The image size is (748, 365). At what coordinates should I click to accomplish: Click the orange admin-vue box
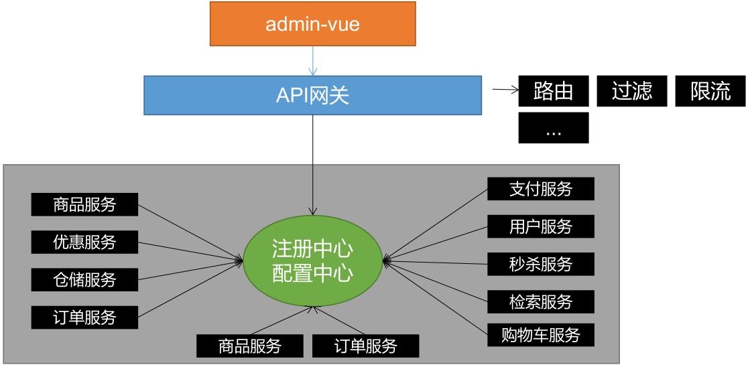coord(312,24)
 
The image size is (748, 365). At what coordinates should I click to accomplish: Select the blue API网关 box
coord(312,95)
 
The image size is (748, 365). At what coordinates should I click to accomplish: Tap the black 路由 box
coord(554,90)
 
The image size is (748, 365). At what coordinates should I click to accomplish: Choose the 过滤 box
coord(632,90)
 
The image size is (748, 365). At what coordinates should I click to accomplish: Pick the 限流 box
coord(710,90)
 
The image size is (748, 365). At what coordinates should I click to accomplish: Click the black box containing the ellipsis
coord(554,128)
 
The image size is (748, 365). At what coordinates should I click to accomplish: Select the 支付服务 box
coord(541,189)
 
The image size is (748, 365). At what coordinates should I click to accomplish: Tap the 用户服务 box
coord(541,226)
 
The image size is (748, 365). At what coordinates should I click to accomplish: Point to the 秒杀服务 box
coord(541,264)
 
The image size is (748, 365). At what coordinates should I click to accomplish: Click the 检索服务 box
coord(541,301)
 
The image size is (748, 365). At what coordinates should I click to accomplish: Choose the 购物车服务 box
coord(541,334)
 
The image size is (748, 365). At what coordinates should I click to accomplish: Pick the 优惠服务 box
coord(84,242)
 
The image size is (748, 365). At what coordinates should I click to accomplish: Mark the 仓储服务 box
coord(84,279)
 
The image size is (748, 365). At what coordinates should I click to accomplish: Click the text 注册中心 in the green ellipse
coord(312,249)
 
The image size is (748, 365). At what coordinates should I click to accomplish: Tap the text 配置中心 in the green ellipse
coord(312,273)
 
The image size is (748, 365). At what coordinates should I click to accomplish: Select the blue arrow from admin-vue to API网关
coord(313,61)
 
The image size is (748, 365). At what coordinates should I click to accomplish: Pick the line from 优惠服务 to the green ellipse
coord(191,249)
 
